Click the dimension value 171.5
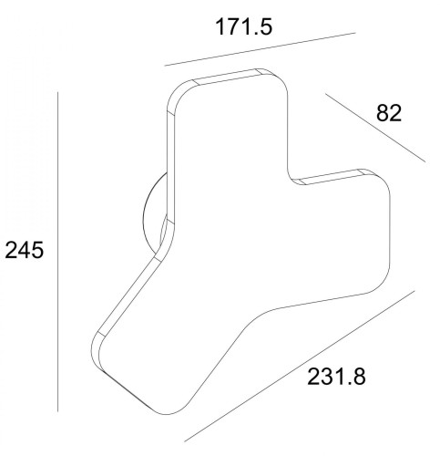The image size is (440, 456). click(x=244, y=26)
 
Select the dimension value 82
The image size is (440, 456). click(x=389, y=113)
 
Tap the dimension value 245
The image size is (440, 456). click(x=25, y=250)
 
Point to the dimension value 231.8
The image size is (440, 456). click(x=336, y=377)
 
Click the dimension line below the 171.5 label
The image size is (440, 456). click(x=260, y=49)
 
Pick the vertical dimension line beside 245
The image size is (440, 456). click(x=57, y=252)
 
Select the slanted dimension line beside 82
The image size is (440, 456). click(x=375, y=128)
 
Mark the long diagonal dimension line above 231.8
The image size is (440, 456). click(x=300, y=366)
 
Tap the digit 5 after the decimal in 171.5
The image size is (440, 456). click(x=266, y=26)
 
